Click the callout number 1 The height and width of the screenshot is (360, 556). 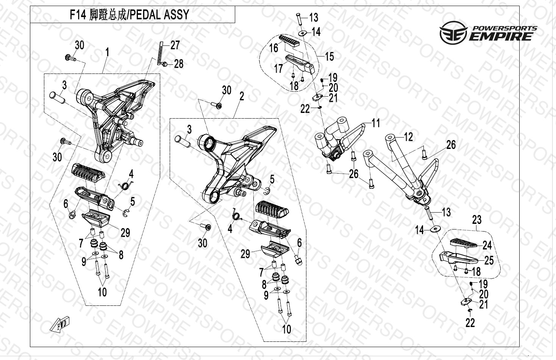point(107,52)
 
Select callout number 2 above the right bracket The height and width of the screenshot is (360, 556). point(241,97)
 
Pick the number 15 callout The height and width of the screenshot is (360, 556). point(329,56)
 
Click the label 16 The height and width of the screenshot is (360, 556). point(273,48)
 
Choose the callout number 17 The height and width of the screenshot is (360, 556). point(278,68)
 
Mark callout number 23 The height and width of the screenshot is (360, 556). point(476,219)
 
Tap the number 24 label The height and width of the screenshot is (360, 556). point(487,245)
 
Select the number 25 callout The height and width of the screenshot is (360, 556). point(489,260)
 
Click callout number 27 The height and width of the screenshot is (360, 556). point(175,45)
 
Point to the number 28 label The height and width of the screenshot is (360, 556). point(178,64)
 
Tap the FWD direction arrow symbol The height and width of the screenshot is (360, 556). point(60,324)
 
